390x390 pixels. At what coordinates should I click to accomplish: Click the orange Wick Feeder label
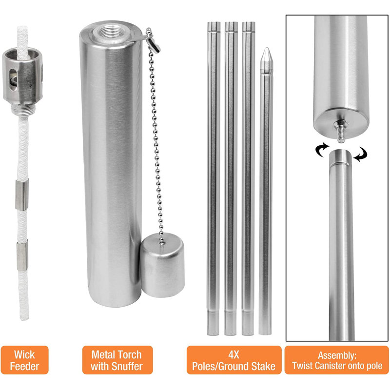pyautogui.click(x=24, y=360)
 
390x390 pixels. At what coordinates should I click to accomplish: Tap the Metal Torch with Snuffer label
pyautogui.click(x=117, y=360)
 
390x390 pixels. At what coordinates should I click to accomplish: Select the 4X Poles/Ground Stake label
pyautogui.click(x=234, y=360)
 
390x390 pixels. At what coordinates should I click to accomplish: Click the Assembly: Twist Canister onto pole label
pyautogui.click(x=337, y=360)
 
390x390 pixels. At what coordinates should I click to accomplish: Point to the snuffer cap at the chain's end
pyautogui.click(x=162, y=265)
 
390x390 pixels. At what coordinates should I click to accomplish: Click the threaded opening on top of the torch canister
pyautogui.click(x=111, y=33)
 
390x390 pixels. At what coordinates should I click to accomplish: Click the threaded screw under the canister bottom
pyautogui.click(x=342, y=131)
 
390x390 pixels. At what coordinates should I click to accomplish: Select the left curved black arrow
pyautogui.click(x=322, y=150)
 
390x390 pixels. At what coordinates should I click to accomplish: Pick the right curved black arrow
pyautogui.click(x=361, y=154)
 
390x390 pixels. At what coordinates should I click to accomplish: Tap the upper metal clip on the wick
pyautogui.click(x=22, y=195)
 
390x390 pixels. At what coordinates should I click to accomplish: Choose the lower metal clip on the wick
pyautogui.click(x=22, y=256)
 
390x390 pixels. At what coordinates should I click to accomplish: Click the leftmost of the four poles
pyautogui.click(x=214, y=178)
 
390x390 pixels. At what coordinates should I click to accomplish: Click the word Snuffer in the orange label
pyautogui.click(x=127, y=366)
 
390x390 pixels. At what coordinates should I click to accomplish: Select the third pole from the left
pyautogui.click(x=248, y=178)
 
